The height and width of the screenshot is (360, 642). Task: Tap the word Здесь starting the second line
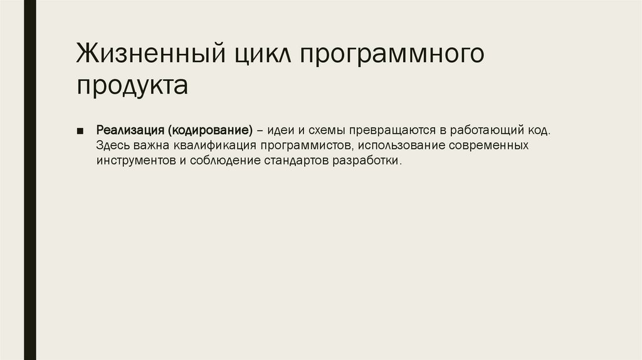click(x=112, y=146)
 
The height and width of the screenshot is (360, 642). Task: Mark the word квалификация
click(x=211, y=146)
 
